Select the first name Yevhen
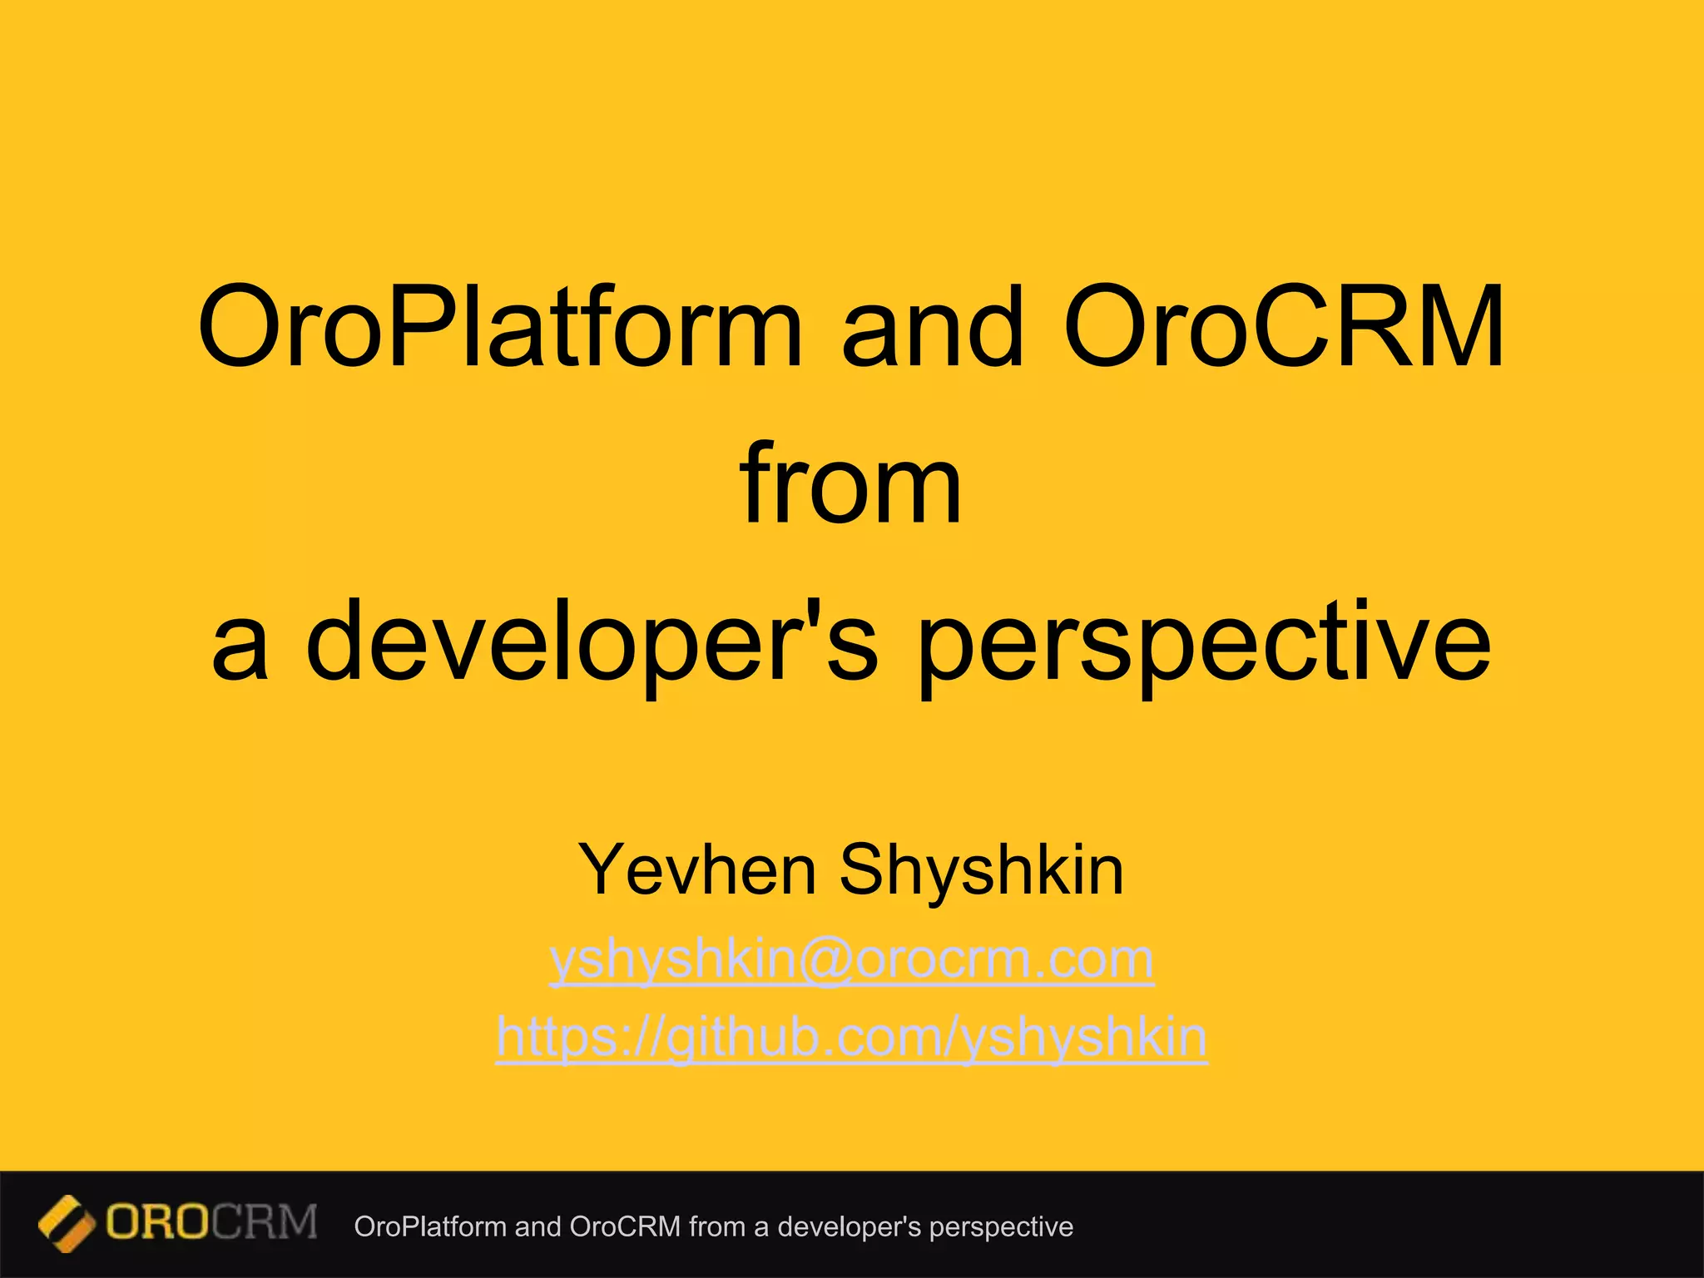(x=697, y=870)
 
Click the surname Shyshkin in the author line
(x=982, y=870)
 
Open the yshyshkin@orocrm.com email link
(x=851, y=960)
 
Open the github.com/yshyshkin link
(x=851, y=1038)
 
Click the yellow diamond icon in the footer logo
(x=66, y=1224)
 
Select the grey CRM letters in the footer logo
(x=265, y=1223)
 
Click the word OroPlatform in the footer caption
(x=430, y=1227)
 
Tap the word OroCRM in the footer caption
(x=626, y=1227)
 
